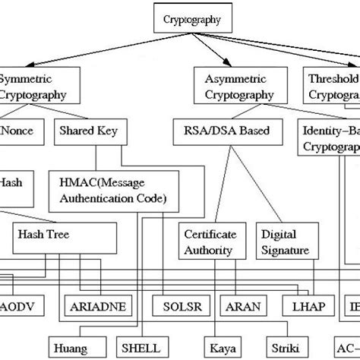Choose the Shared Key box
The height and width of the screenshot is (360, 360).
[x=84, y=129]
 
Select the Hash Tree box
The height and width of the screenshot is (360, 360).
[x=65, y=236]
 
